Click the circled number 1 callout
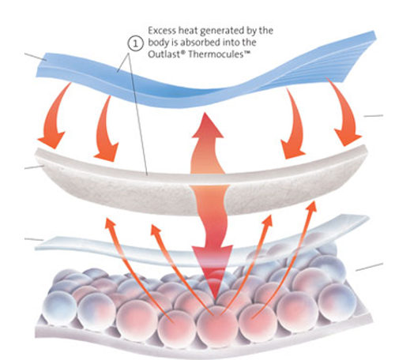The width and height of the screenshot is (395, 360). pos(136,43)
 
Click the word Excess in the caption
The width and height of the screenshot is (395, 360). pos(162,31)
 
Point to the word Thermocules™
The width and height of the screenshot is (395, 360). pos(219,54)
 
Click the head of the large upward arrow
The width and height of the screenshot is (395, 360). pos(208,126)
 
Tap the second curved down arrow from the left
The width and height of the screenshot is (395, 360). pos(104,129)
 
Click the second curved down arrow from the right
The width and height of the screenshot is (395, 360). pos(295,124)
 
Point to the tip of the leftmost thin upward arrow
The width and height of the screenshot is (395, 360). pos(106,218)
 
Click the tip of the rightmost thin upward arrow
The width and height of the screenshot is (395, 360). pos(314,202)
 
